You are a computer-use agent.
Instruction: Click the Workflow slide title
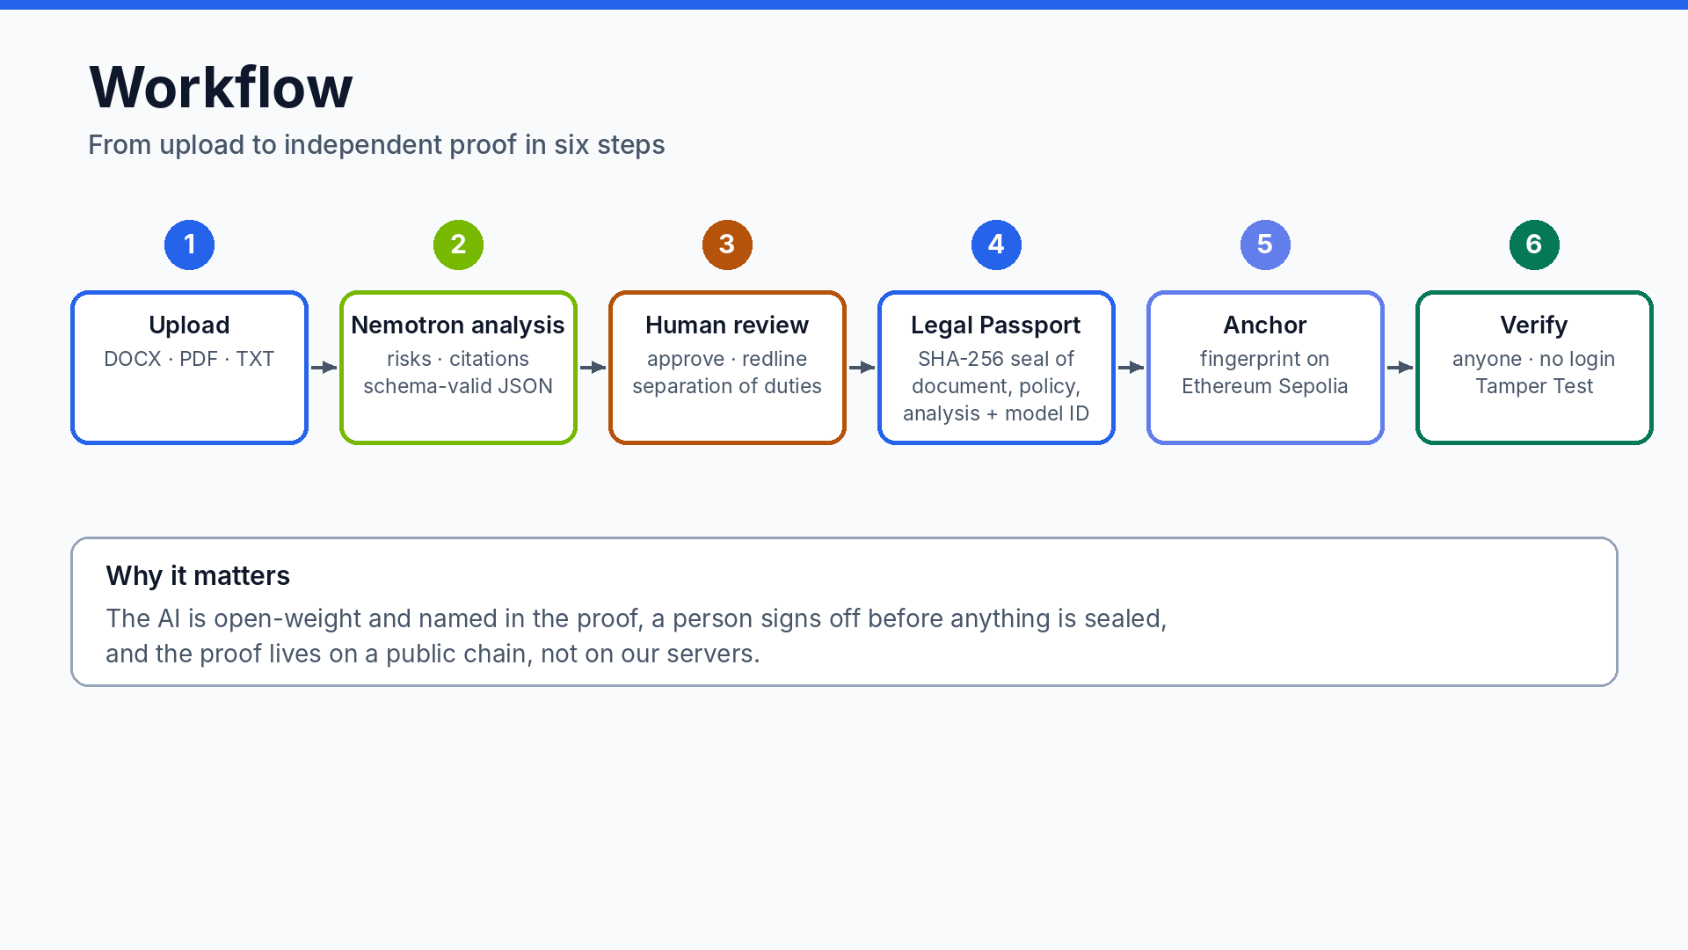click(x=221, y=87)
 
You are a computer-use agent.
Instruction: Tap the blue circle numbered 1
click(x=189, y=245)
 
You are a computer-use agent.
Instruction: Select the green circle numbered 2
click(x=458, y=245)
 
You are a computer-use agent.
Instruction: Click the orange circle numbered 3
click(x=727, y=245)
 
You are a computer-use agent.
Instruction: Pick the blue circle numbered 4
click(x=996, y=245)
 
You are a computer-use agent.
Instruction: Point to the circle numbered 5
click(x=1265, y=245)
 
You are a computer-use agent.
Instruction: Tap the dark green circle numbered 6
click(x=1534, y=245)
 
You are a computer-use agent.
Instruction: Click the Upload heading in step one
click(x=189, y=325)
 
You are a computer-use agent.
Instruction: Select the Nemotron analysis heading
click(x=458, y=325)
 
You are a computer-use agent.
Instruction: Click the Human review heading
click(x=727, y=325)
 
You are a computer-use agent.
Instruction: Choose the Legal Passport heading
click(x=996, y=325)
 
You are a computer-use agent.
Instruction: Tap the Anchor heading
click(x=1265, y=325)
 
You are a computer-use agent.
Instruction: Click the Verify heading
click(x=1534, y=325)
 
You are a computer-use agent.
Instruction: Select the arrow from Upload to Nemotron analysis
click(x=324, y=367)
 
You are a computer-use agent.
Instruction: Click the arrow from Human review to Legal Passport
click(x=862, y=367)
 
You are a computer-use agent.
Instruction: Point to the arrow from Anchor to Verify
click(x=1401, y=367)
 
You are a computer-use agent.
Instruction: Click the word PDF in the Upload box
click(x=199, y=359)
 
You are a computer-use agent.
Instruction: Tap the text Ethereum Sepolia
click(x=1265, y=386)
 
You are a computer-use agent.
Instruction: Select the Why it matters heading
click(x=198, y=575)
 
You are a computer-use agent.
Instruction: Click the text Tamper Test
click(x=1534, y=386)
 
